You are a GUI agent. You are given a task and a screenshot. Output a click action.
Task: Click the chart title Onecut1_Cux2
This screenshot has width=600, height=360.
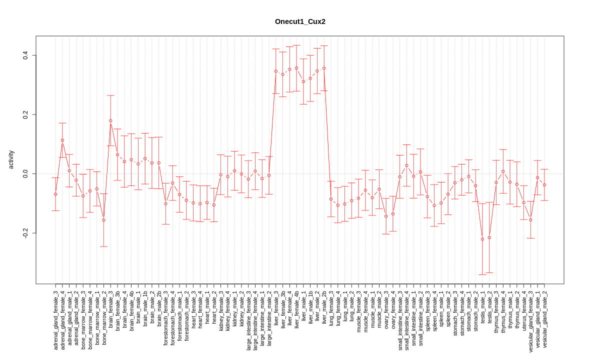coord(300,21)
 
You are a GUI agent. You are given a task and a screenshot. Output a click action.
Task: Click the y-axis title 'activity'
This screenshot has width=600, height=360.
coord(11,159)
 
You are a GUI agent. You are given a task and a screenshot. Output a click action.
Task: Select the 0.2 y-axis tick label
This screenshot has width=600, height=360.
coord(25,114)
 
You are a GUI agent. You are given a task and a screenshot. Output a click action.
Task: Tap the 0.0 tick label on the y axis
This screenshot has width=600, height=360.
coord(25,174)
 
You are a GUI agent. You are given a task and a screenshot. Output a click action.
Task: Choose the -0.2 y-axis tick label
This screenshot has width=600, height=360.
coord(25,233)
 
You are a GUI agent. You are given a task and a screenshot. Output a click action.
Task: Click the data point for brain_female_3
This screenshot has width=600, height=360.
coord(110,120)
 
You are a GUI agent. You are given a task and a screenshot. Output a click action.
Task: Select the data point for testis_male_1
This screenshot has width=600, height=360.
coord(482,239)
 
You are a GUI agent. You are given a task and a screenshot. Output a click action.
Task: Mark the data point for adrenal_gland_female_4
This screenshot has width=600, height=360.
coord(62,140)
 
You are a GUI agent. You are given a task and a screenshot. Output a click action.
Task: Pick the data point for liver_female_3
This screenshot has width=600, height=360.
coord(276,71)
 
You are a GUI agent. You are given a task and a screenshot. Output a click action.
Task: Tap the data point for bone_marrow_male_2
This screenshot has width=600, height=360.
coord(103,220)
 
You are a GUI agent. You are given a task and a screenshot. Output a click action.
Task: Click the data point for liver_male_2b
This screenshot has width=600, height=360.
coord(324,68)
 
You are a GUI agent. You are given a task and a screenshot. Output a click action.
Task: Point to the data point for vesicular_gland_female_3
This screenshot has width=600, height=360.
coord(530,219)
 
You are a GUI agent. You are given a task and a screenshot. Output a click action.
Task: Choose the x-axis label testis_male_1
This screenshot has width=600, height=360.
coord(482,307)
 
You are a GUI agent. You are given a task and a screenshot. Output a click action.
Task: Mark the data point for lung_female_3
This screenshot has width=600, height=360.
coord(331,199)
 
